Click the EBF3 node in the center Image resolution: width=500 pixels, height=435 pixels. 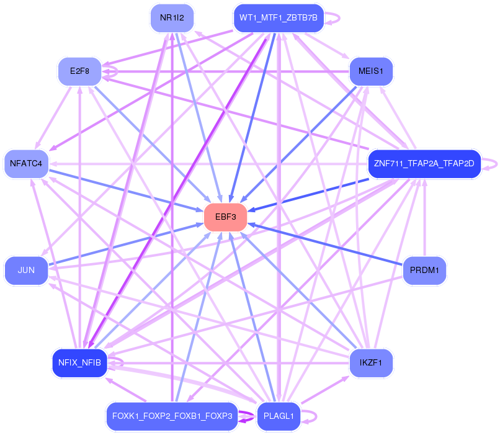[226, 217]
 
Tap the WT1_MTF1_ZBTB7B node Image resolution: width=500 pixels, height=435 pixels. [279, 17]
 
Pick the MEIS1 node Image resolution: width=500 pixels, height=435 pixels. [371, 71]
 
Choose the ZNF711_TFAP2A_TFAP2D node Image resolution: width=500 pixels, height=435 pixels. [424, 164]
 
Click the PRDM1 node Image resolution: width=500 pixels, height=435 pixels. [424, 271]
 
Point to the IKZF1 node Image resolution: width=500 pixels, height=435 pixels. [371, 362]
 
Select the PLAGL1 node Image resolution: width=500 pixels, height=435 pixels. [279, 416]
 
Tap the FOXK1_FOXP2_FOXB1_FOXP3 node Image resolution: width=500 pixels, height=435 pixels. [172, 416]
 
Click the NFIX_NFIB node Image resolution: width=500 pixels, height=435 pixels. [80, 362]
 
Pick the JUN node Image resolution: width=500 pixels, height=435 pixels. [26, 271]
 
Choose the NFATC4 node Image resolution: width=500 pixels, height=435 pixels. [26, 164]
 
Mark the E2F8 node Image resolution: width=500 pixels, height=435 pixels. [80, 71]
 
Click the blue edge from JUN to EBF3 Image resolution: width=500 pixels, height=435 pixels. [124, 244]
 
